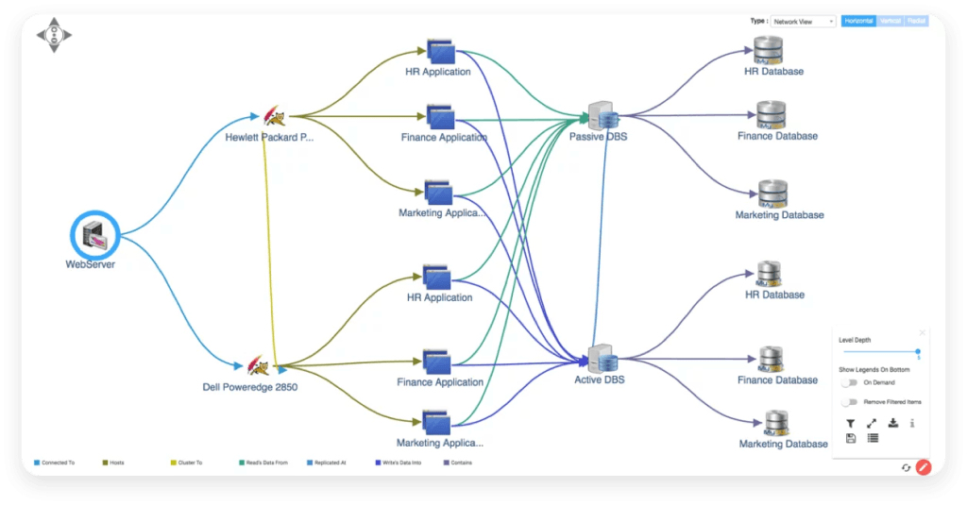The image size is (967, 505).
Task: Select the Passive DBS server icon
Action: tap(601, 116)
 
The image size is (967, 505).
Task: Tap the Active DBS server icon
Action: tap(601, 360)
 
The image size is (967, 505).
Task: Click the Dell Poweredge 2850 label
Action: tap(250, 387)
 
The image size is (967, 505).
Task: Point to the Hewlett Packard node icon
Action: tap(273, 116)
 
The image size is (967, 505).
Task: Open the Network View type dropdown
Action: tap(804, 21)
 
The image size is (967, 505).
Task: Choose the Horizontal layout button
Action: tap(858, 21)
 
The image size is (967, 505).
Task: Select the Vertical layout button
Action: tap(891, 21)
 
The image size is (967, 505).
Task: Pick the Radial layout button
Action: tap(916, 21)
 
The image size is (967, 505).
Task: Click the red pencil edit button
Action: tap(924, 466)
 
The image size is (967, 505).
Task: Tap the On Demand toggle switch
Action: tap(850, 382)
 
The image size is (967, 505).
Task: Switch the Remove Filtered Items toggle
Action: tap(850, 402)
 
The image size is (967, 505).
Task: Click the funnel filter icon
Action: tap(850, 423)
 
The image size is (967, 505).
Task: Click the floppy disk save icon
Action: tap(850, 438)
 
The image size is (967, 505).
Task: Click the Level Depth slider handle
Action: tap(918, 351)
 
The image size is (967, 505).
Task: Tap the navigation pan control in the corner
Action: tap(54, 35)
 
